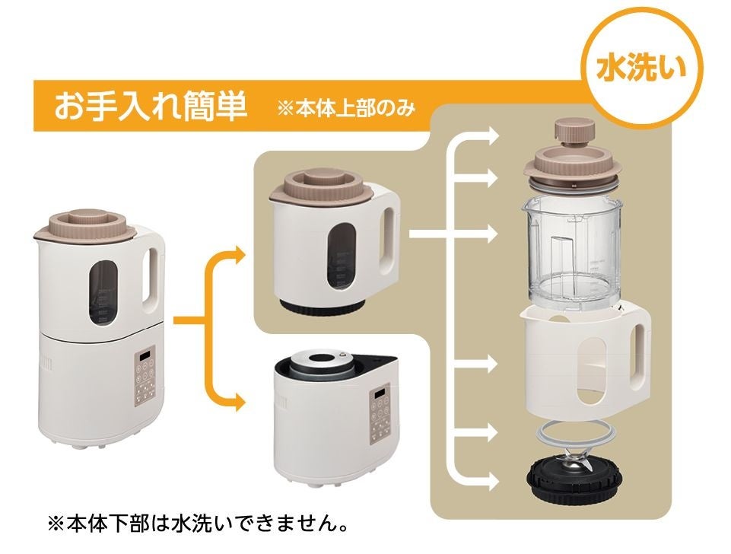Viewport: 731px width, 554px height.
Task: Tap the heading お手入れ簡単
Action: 150,107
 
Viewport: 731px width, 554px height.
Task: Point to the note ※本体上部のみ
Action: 346,109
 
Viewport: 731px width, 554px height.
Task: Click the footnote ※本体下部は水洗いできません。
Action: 198,524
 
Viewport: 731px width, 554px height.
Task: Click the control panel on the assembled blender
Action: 146,373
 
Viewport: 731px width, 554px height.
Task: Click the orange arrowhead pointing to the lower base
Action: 239,402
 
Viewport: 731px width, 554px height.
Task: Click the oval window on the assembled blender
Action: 103,291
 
